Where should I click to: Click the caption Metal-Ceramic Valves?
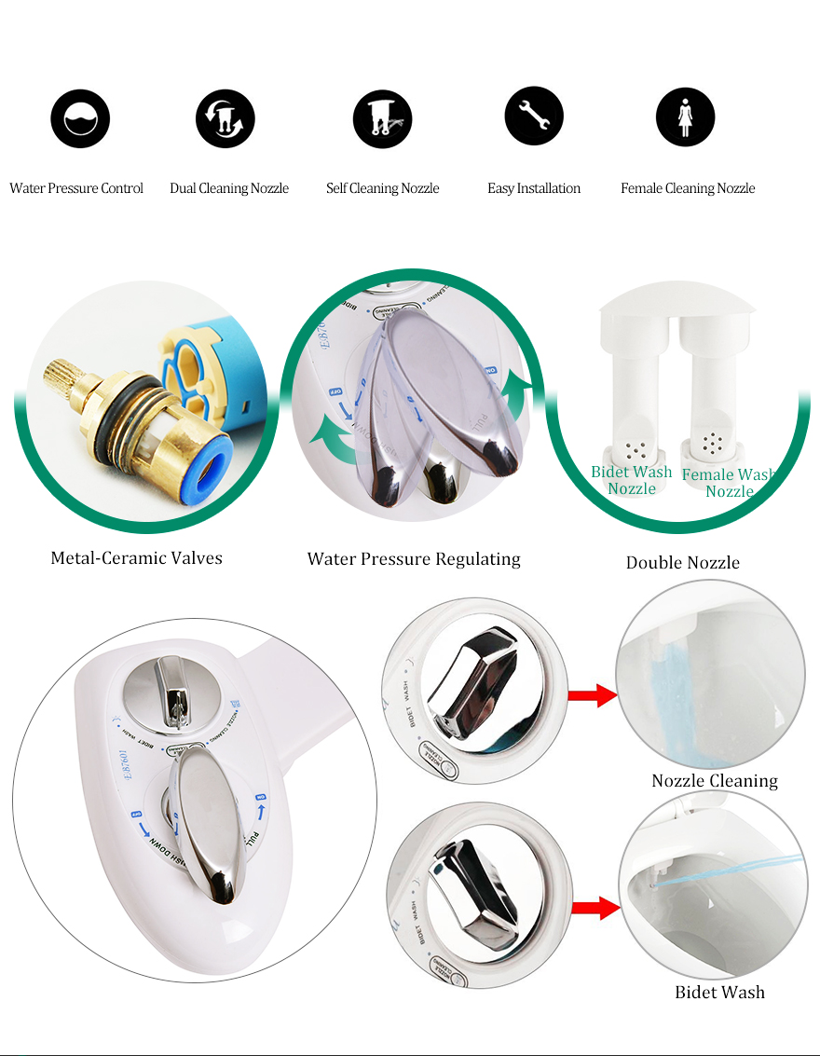[136, 558]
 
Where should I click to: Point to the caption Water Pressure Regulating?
[414, 559]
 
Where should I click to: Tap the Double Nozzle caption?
[682, 562]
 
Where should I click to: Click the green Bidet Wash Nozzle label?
[631, 480]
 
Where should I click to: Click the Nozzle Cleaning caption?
[714, 781]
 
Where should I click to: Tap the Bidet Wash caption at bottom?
[719, 993]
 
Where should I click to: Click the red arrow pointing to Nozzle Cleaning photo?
[593, 695]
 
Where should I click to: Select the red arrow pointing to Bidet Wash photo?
[594, 906]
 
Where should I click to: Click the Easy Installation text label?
[534, 188]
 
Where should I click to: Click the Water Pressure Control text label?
[76, 188]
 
